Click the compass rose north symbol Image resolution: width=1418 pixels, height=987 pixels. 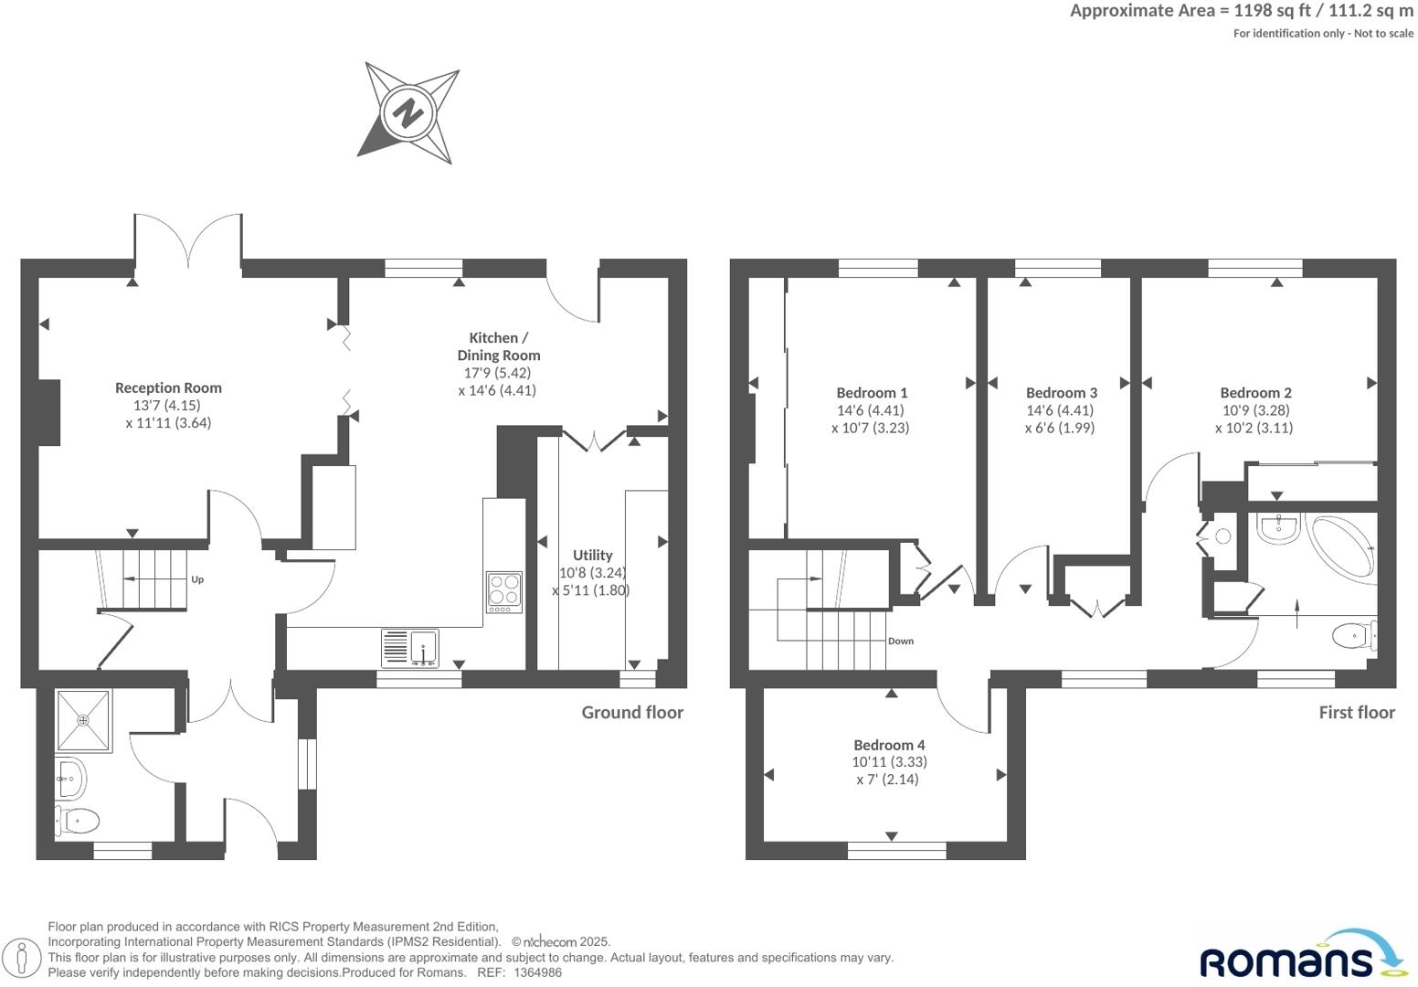(x=407, y=113)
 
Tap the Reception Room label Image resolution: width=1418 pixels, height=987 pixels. (x=168, y=387)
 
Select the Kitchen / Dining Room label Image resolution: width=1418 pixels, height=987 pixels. (x=499, y=346)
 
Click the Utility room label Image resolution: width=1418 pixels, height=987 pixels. (x=592, y=555)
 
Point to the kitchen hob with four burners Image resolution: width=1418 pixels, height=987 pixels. (x=504, y=591)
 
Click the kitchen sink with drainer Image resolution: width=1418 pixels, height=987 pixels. (x=410, y=648)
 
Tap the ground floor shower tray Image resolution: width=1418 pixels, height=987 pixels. (x=84, y=720)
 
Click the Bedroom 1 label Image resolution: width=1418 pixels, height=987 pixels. (x=872, y=392)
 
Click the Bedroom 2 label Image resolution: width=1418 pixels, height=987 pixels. (x=1255, y=392)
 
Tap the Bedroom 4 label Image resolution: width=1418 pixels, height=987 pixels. (x=889, y=745)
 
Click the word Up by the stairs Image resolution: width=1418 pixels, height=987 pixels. (x=197, y=579)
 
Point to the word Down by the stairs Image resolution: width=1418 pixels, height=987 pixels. (x=901, y=641)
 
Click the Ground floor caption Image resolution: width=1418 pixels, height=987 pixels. (x=632, y=712)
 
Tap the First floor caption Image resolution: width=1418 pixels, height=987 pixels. (x=1356, y=712)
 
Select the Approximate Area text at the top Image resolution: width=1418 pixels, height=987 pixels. (x=1241, y=11)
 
